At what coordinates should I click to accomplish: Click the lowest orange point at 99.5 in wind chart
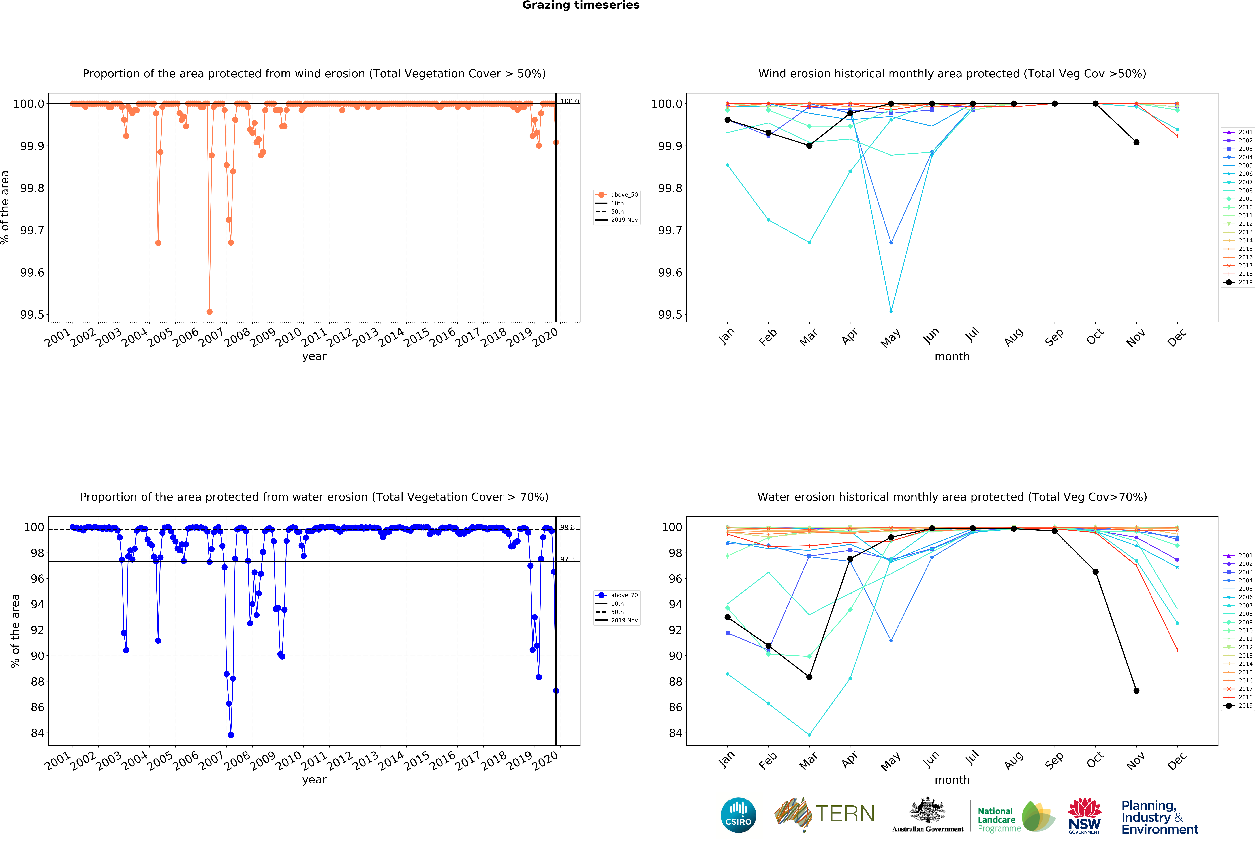point(209,312)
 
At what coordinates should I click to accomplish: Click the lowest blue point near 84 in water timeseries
point(231,735)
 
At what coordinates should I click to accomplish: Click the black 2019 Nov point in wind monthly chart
point(1136,143)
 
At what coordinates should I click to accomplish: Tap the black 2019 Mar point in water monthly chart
point(809,677)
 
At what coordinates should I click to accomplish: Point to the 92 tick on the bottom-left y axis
point(37,630)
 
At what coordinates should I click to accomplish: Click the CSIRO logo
point(738,815)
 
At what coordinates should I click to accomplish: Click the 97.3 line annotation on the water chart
point(567,559)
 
